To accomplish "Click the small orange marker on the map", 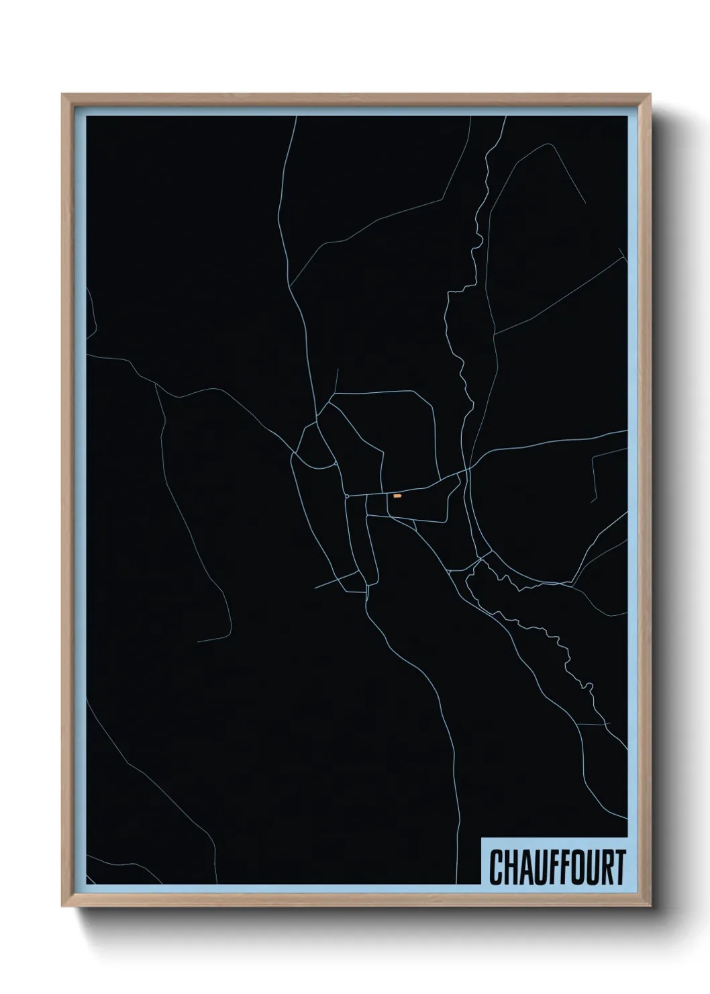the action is [x=397, y=496].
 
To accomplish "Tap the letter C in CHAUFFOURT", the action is [x=496, y=867].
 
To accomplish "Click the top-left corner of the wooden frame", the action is [x=62, y=95].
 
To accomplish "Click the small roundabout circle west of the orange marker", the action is [x=347, y=496].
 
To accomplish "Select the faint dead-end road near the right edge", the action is [x=593, y=477].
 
